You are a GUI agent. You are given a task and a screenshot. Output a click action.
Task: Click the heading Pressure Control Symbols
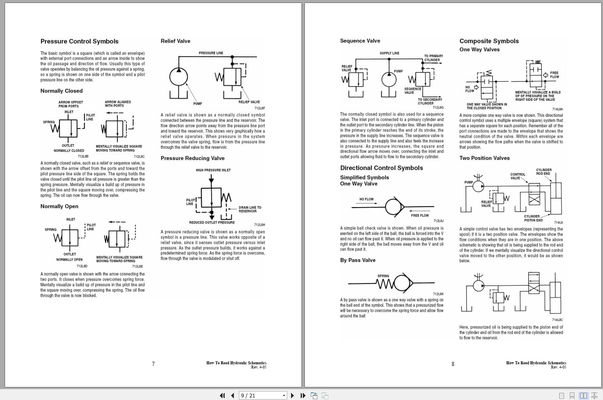point(79,41)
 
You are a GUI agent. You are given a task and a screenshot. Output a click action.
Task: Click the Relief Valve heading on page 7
point(175,41)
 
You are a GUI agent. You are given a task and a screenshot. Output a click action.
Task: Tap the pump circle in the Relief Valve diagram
point(178,77)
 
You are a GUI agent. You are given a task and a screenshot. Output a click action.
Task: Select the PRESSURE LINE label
point(211,53)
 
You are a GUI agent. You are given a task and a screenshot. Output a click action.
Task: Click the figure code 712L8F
point(260,108)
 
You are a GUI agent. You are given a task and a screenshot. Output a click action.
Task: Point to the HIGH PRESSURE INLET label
point(213,170)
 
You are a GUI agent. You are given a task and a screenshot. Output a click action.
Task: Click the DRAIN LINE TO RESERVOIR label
point(250,209)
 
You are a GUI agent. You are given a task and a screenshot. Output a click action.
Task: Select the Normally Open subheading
point(59,206)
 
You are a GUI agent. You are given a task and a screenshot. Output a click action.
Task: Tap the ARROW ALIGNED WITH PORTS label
point(118,104)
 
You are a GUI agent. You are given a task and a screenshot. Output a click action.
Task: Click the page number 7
point(153,364)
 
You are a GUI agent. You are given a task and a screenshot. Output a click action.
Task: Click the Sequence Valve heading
point(360,41)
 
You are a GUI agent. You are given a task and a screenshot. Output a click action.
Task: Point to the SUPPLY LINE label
point(389,53)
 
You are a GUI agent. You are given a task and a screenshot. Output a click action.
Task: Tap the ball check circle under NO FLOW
point(393,207)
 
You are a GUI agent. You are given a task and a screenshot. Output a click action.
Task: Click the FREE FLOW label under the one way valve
point(419,216)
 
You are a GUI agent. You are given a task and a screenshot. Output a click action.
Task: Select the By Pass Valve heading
point(357,260)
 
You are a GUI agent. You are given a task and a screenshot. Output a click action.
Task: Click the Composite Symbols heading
point(489,41)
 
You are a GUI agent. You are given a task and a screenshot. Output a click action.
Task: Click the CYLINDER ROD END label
point(544,171)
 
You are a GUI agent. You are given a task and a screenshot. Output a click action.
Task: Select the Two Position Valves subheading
point(484,158)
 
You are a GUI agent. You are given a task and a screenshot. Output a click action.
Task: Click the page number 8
point(453,364)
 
